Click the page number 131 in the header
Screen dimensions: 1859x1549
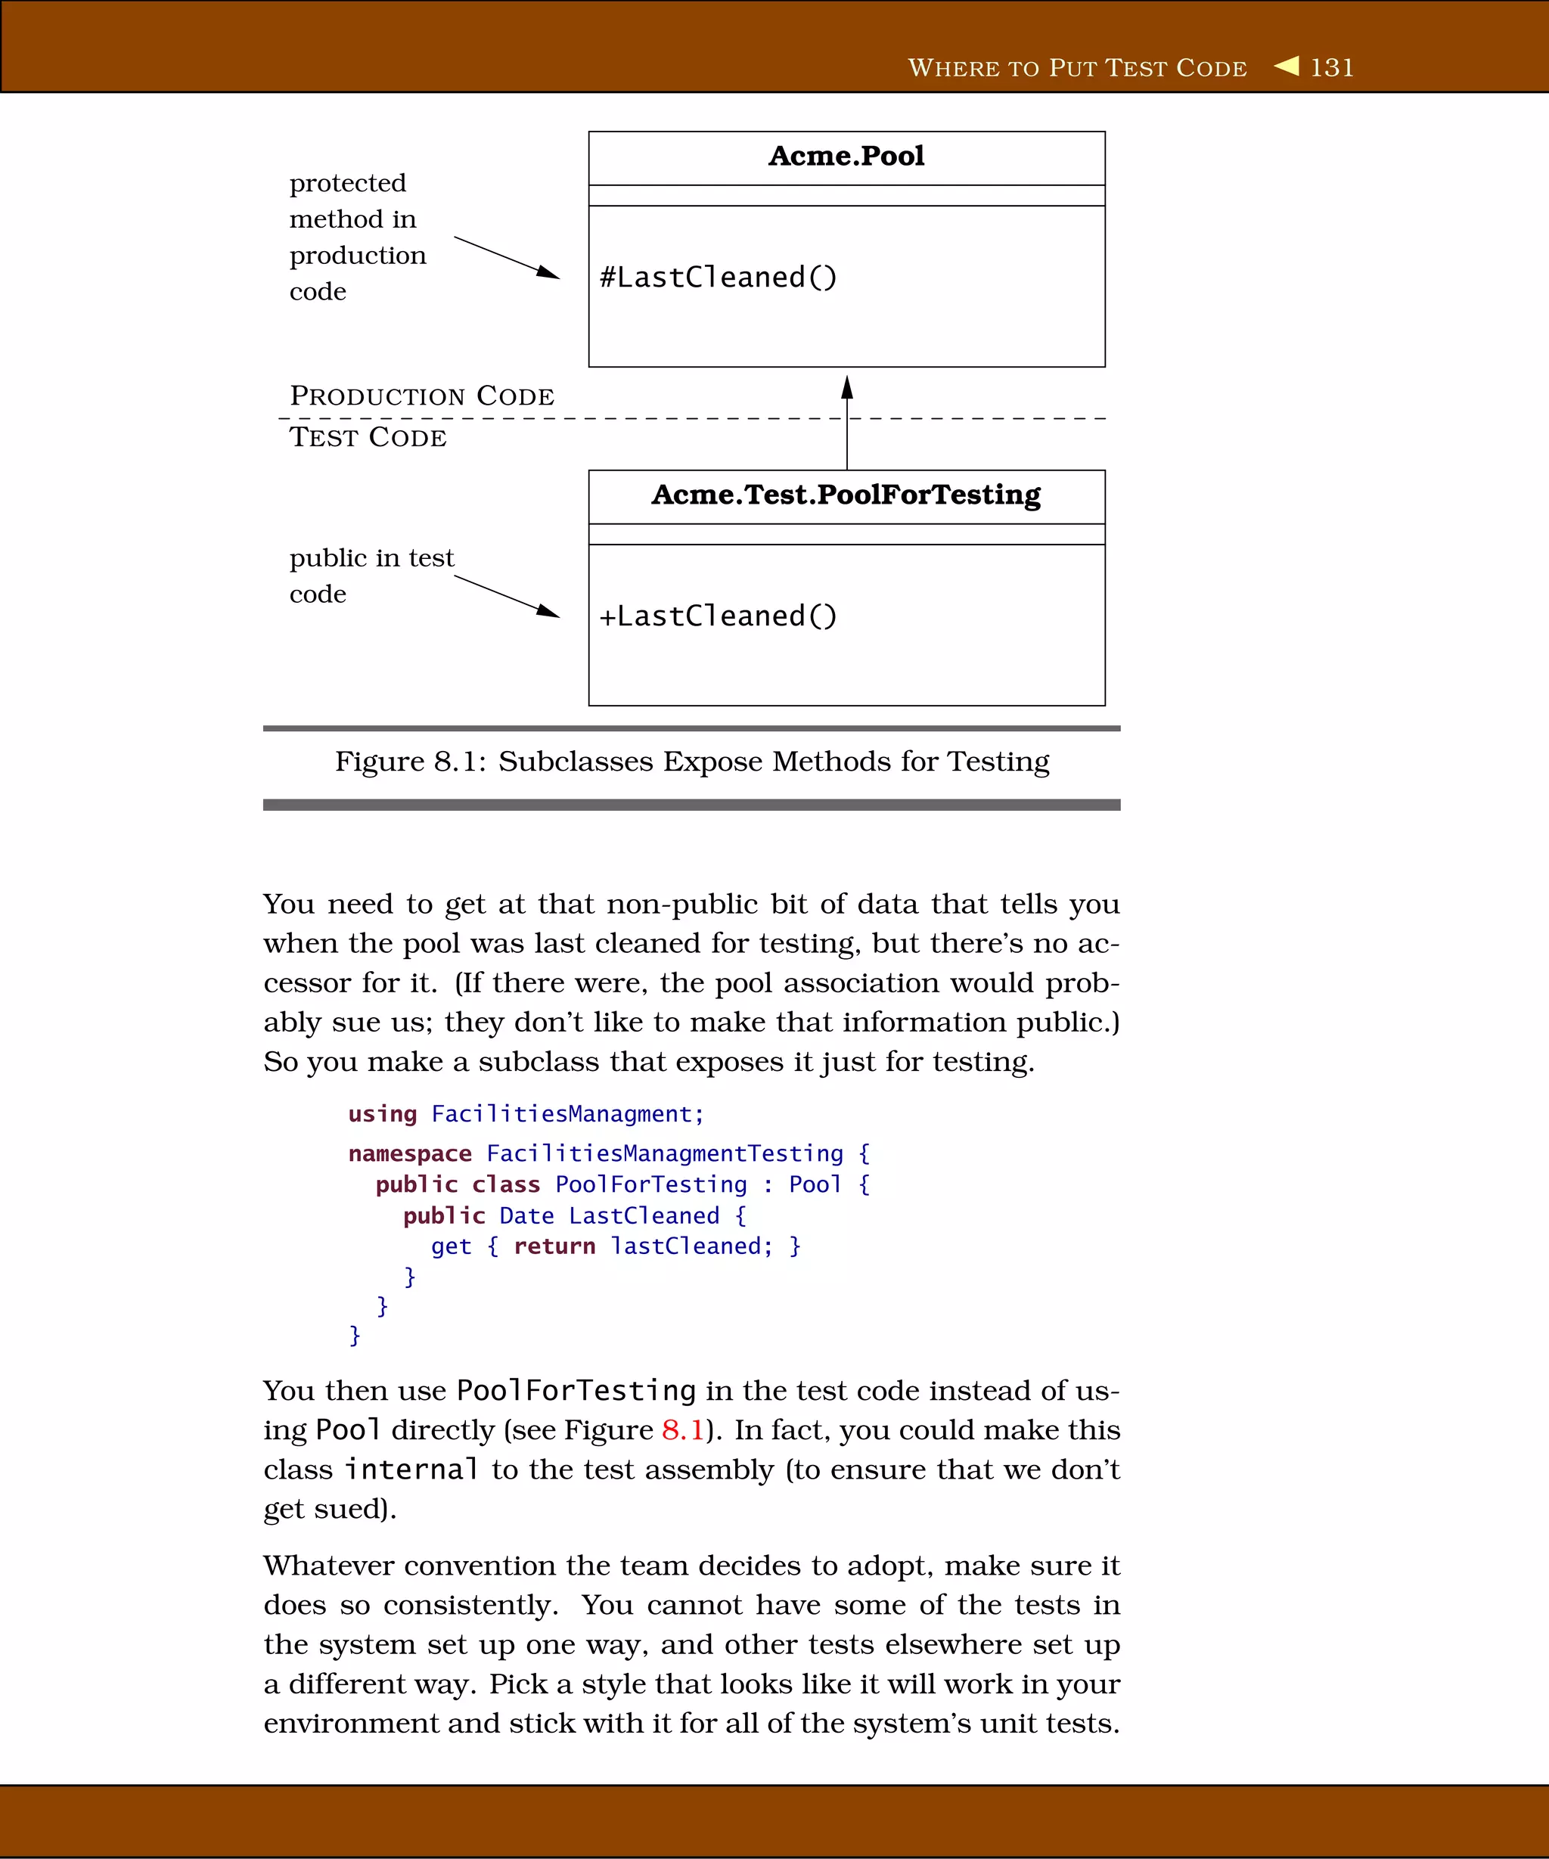click(1331, 68)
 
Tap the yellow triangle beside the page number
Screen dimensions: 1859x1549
click(1287, 67)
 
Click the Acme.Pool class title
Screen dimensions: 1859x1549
click(846, 157)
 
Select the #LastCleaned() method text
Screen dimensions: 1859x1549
click(718, 277)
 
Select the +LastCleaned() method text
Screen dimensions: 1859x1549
click(718, 616)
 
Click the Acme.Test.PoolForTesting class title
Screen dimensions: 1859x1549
click(846, 495)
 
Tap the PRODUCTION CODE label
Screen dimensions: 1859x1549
click(422, 396)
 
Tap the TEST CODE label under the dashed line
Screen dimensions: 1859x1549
click(368, 437)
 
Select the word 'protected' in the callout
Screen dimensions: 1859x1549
click(348, 183)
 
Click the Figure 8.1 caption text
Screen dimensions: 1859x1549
click(691, 762)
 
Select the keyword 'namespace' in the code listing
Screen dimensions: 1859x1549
click(410, 1153)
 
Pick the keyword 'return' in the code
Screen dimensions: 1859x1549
click(554, 1246)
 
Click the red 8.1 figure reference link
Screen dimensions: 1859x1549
click(682, 1429)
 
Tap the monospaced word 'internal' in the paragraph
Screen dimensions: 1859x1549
click(411, 1470)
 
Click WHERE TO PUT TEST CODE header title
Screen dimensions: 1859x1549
click(1077, 68)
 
